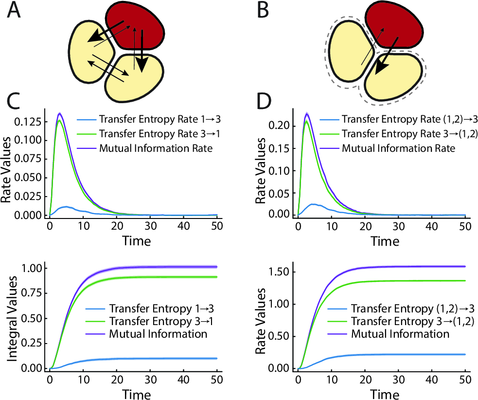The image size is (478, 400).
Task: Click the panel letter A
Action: (14, 10)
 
